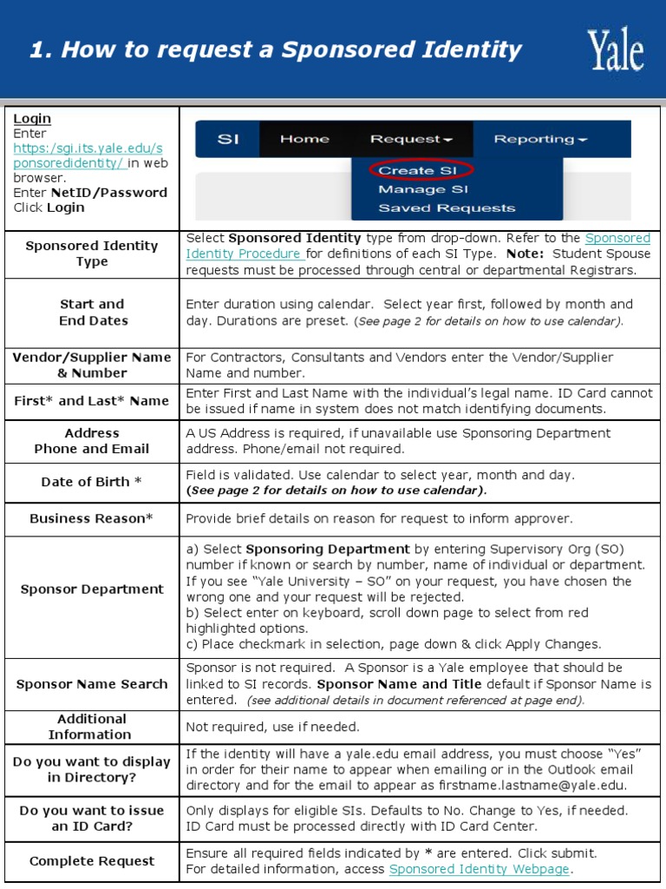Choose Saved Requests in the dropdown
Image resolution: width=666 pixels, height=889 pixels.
point(446,208)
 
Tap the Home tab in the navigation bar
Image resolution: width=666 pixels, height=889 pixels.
point(304,139)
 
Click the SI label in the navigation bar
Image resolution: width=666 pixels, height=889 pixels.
point(227,139)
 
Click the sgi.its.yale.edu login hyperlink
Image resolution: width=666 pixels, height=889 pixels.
point(87,155)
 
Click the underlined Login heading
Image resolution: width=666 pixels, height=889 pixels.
point(32,119)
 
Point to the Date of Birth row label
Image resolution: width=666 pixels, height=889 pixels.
point(92,482)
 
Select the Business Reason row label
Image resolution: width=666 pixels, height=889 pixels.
point(91,518)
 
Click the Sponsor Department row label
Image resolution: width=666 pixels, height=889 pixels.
point(92,589)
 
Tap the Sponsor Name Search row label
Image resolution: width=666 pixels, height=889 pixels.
point(92,684)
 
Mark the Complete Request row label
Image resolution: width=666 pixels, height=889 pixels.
point(92,861)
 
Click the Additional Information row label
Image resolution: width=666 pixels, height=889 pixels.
point(90,727)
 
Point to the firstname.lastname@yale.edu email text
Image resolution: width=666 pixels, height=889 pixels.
point(537,786)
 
